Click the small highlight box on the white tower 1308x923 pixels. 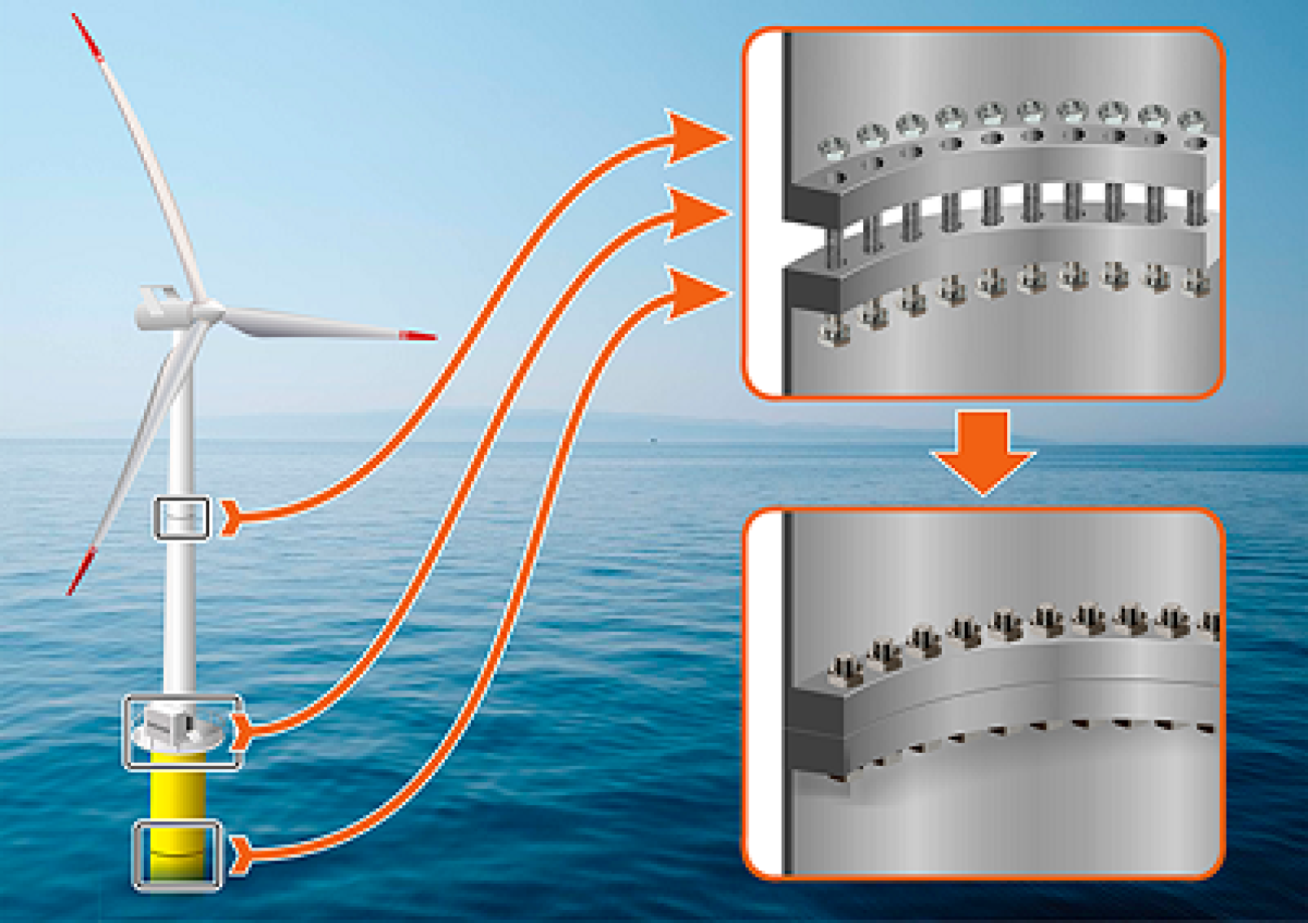click(182, 518)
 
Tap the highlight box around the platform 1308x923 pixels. click(183, 732)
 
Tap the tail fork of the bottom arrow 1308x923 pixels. click(240, 855)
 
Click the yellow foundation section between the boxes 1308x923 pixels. click(178, 793)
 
